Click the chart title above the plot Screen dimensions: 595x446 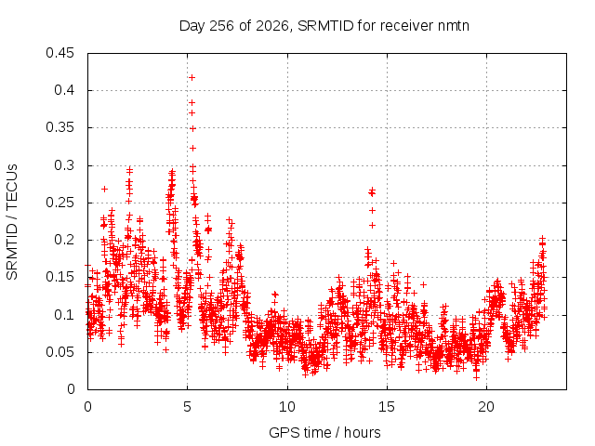(x=324, y=26)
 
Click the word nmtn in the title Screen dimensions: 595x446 (x=454, y=26)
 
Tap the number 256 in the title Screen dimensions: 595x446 (x=222, y=26)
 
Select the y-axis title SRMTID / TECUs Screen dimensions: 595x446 (x=12, y=222)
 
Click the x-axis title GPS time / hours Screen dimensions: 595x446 (x=324, y=432)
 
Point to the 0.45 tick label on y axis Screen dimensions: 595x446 (x=59, y=53)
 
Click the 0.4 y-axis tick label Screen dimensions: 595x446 (x=64, y=90)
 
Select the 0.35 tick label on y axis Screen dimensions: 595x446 (x=59, y=127)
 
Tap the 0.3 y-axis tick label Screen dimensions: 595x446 (x=64, y=165)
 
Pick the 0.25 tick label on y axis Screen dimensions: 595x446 (x=59, y=203)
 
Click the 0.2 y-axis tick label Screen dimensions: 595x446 (x=64, y=240)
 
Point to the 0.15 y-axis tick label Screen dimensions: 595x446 (x=59, y=277)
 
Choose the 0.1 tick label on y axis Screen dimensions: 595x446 (x=64, y=315)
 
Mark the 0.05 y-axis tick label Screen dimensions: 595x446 (x=59, y=352)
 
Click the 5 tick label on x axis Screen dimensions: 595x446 (x=187, y=407)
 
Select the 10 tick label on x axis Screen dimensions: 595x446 (x=287, y=407)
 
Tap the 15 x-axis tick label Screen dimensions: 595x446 (x=387, y=407)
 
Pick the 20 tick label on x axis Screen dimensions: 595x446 (x=486, y=407)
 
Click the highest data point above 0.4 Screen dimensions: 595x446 (x=192, y=78)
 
